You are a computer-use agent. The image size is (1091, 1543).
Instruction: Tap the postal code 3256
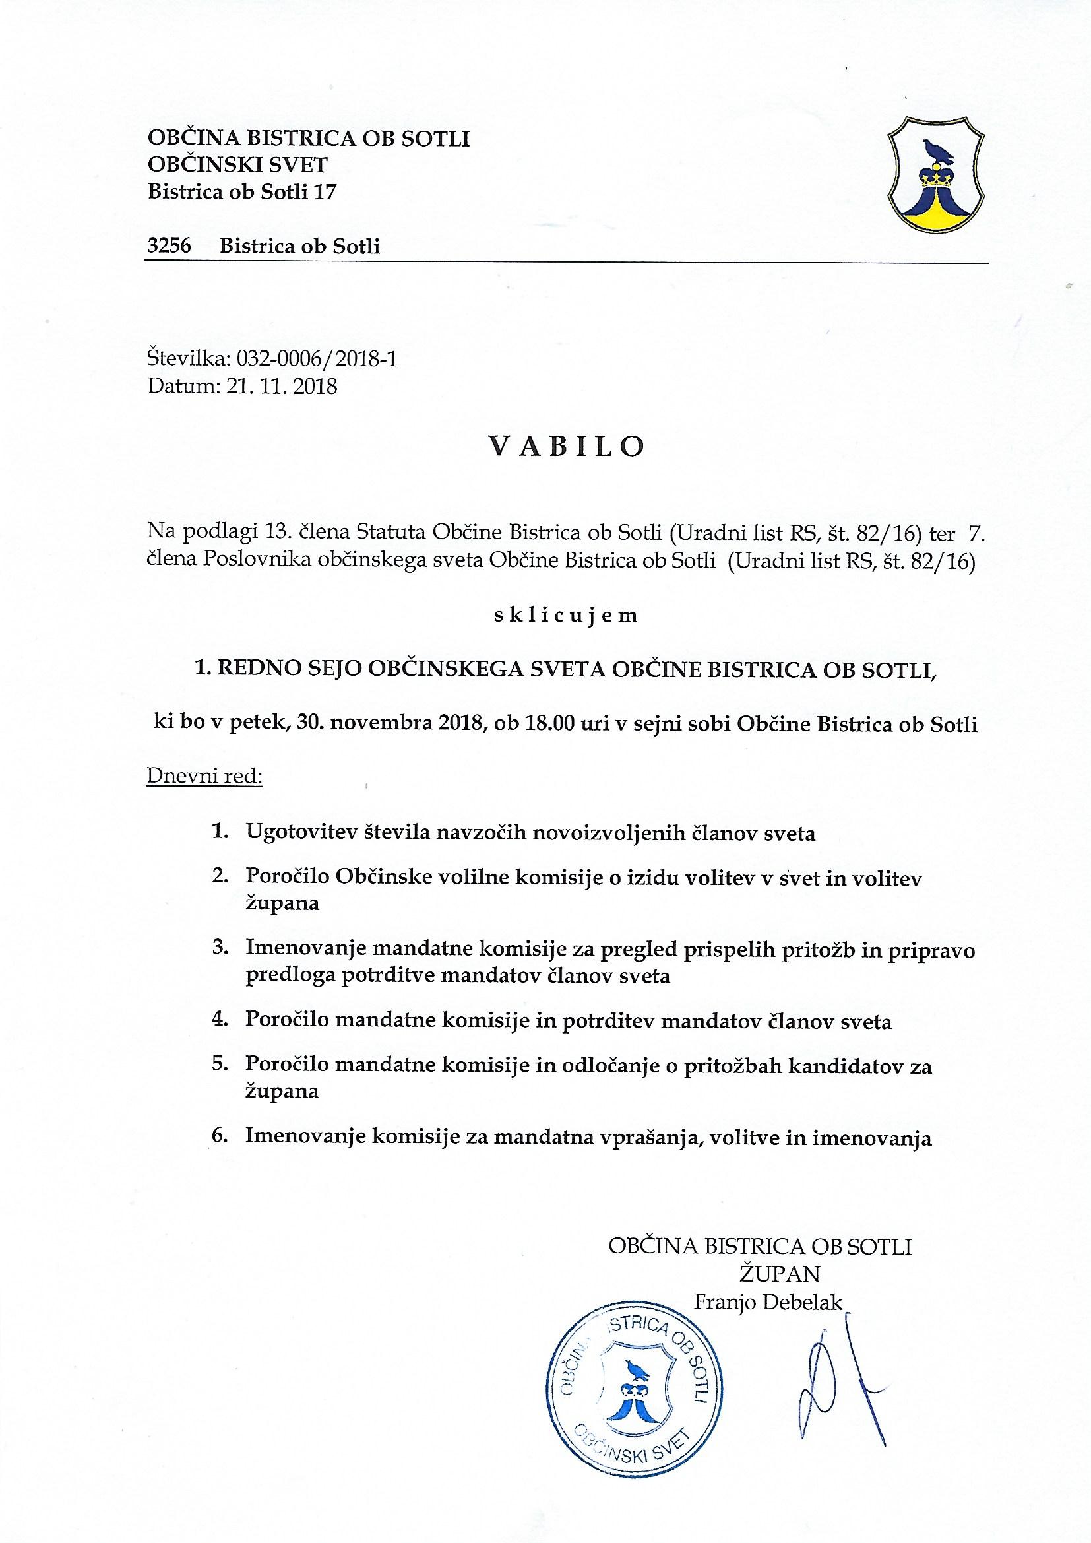170,246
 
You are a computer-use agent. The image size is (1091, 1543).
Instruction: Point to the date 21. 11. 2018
280,387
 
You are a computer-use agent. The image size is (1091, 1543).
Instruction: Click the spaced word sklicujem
565,616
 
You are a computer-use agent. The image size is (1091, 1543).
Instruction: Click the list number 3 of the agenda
220,949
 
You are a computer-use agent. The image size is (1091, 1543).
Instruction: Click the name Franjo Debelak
767,1302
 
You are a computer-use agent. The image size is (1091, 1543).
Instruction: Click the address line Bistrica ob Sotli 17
242,192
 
